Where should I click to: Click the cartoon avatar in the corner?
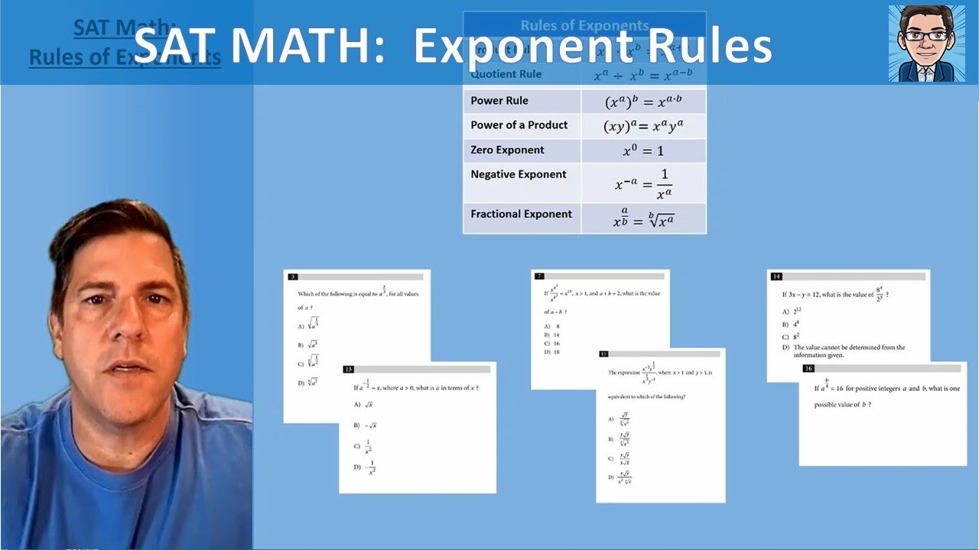coord(927,43)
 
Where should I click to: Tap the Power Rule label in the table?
coord(499,101)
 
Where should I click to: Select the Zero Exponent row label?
coord(507,150)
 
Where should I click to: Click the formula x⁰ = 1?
coord(643,150)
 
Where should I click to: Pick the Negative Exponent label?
coord(519,174)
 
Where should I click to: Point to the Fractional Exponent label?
coord(521,214)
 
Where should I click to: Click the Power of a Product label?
coord(519,125)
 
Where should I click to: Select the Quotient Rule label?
coord(506,74)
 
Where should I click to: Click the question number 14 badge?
coord(776,277)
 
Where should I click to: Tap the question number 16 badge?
coord(808,368)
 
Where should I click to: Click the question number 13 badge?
coord(349,370)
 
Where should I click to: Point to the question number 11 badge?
coord(603,354)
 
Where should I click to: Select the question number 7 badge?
coord(539,276)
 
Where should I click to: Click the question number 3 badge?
coord(293,277)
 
